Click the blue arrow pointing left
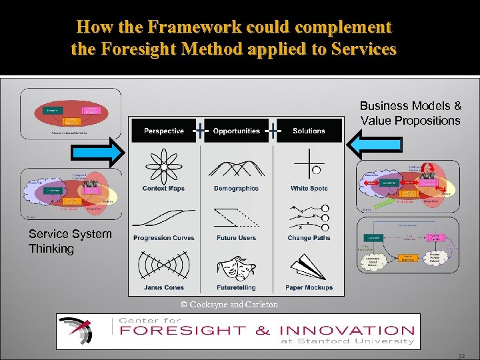point(377,145)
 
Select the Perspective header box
point(163,131)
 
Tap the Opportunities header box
point(236,131)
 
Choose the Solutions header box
point(309,131)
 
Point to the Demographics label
point(236,189)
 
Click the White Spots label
point(309,189)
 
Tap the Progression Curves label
point(163,238)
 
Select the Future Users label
point(236,238)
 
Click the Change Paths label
point(309,238)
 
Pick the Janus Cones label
point(163,287)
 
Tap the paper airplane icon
point(309,267)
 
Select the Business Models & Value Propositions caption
point(411,113)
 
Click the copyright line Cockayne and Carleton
point(229,305)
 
